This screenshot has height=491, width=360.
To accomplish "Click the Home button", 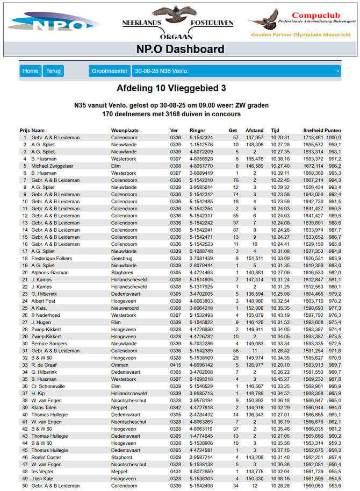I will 31,71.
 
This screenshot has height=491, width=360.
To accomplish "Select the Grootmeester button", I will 109,71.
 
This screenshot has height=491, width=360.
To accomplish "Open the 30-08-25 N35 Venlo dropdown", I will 236,71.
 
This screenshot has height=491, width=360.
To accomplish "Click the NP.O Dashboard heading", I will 179,50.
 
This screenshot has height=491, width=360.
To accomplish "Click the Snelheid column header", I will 313,131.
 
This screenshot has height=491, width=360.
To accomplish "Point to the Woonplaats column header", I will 125,131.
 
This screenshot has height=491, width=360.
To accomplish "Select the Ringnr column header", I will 197,131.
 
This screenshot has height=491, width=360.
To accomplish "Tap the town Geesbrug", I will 123,259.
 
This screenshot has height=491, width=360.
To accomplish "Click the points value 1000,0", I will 335,138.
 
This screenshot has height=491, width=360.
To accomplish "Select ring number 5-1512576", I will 201,145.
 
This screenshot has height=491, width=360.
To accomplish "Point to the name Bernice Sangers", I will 49,344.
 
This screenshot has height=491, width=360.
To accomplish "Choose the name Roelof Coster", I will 46,458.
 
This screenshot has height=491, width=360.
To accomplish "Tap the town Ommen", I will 120,365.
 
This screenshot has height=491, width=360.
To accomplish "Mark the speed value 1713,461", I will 313,138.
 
